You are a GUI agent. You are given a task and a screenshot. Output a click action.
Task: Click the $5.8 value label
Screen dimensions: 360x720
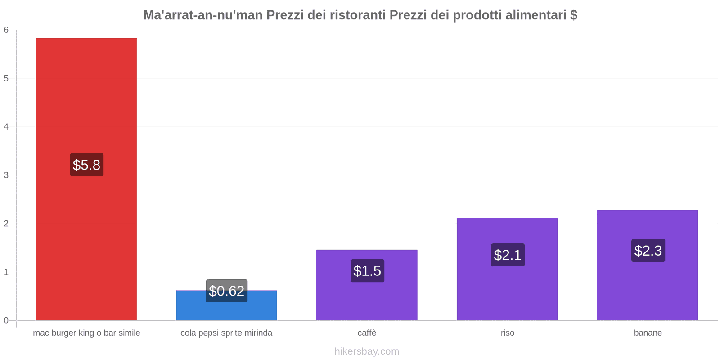point(86,165)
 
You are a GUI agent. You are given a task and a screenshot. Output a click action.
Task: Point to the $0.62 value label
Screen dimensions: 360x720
point(226,291)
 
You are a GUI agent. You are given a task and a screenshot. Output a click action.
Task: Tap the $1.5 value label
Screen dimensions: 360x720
point(367,270)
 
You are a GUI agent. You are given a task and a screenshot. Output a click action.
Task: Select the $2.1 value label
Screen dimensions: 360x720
point(508,255)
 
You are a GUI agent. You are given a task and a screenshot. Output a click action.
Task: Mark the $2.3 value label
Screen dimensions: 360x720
point(648,250)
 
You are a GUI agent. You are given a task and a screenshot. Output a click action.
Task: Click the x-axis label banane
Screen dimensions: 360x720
point(648,333)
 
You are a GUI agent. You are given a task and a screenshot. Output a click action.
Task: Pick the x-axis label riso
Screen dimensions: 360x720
point(507,333)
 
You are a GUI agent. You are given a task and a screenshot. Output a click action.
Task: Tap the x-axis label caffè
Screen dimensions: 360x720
point(367,333)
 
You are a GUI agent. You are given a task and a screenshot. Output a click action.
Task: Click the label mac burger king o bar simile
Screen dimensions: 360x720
point(86,333)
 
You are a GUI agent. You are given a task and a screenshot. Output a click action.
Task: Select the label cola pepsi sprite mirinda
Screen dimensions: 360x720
point(226,333)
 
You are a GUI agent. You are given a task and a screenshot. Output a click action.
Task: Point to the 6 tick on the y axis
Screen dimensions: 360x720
point(6,30)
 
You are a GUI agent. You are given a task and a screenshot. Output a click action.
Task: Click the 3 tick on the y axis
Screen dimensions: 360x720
point(6,175)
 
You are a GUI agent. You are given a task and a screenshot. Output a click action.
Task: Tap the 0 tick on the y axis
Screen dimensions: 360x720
point(6,320)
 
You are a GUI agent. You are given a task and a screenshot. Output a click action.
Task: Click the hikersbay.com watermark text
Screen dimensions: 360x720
point(367,351)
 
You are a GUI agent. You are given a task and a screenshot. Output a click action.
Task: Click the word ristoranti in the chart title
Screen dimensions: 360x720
point(357,15)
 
